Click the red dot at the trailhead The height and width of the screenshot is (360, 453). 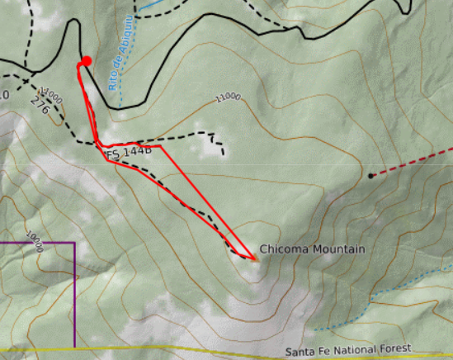tap(86, 61)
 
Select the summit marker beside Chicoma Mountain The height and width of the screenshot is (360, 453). tap(255, 258)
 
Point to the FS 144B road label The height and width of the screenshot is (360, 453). tap(130, 153)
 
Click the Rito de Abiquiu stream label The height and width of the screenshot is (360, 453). tap(119, 67)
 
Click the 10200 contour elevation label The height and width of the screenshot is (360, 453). tap(35, 242)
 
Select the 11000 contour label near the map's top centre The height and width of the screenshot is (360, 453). tap(228, 97)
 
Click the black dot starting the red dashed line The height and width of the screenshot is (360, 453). tap(370, 176)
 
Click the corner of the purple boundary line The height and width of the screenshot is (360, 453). tap(74, 244)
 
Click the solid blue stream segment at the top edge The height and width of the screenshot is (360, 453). tap(153, 4)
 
